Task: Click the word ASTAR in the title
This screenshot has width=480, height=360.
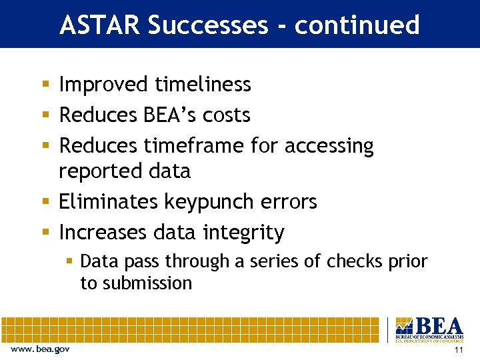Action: tap(100, 25)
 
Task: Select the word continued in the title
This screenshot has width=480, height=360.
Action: tap(357, 25)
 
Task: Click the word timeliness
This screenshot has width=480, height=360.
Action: tap(203, 85)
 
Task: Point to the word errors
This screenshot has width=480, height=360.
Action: tap(289, 202)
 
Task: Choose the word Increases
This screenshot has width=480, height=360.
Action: tap(103, 232)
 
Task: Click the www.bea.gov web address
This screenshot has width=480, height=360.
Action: tap(40, 349)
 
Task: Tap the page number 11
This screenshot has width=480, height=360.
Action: tap(457, 350)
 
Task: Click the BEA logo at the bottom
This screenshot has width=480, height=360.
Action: tap(429, 329)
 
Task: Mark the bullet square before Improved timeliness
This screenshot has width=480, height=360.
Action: tap(45, 85)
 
